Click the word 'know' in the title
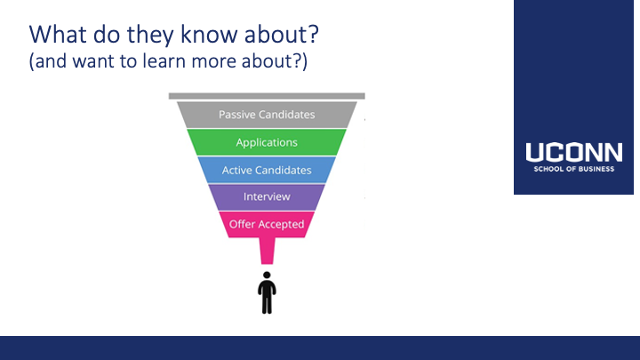pos(210,34)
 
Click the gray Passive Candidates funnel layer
pos(267,115)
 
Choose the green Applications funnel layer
pos(267,142)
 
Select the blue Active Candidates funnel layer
pos(267,170)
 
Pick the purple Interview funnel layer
pos(267,196)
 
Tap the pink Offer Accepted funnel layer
pos(267,224)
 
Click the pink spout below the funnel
pos(267,251)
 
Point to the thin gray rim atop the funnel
pos(267,96)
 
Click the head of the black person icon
pos(267,275)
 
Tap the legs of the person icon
pos(267,303)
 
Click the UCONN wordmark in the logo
pos(574,152)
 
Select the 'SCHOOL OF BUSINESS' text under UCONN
pos(574,169)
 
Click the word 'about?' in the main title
pos(282,34)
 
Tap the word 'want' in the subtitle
pos(93,61)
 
